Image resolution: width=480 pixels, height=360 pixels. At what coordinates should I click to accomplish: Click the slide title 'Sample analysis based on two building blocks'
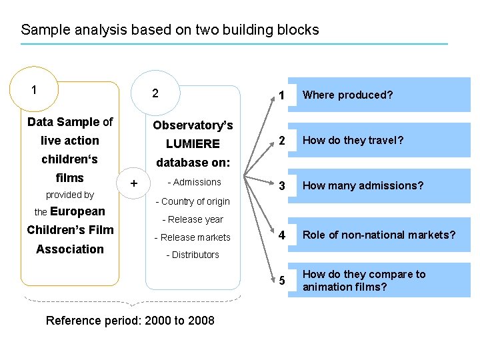click(170, 30)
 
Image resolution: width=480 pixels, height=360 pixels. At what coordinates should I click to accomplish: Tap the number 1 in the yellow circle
click(34, 89)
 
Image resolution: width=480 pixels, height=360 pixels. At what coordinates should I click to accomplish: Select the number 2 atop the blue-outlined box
click(155, 93)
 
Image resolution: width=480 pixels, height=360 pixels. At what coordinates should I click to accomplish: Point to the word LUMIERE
click(193, 144)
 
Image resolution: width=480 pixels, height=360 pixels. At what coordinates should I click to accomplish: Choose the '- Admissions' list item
click(194, 182)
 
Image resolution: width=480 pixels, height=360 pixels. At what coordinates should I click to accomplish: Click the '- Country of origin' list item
click(192, 201)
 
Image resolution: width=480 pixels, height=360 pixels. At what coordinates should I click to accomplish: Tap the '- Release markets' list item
click(192, 237)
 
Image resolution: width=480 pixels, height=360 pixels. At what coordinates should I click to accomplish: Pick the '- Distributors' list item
click(192, 255)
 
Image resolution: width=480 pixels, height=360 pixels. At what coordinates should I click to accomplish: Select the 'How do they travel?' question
click(353, 141)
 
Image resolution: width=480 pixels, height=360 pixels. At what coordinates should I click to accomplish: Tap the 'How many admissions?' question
click(363, 186)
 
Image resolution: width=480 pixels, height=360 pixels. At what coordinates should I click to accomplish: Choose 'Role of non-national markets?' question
click(379, 235)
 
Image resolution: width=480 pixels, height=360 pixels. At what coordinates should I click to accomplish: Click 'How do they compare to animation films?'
click(364, 281)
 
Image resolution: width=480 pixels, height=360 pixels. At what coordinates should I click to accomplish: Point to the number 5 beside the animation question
click(282, 281)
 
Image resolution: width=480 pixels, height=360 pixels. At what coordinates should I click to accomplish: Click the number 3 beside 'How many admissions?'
click(282, 187)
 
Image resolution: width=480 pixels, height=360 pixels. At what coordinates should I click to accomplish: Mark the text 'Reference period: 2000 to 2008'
click(130, 321)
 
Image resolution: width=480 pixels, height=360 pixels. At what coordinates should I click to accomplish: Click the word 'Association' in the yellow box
click(70, 249)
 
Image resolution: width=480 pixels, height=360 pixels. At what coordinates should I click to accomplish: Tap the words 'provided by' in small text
click(70, 195)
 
